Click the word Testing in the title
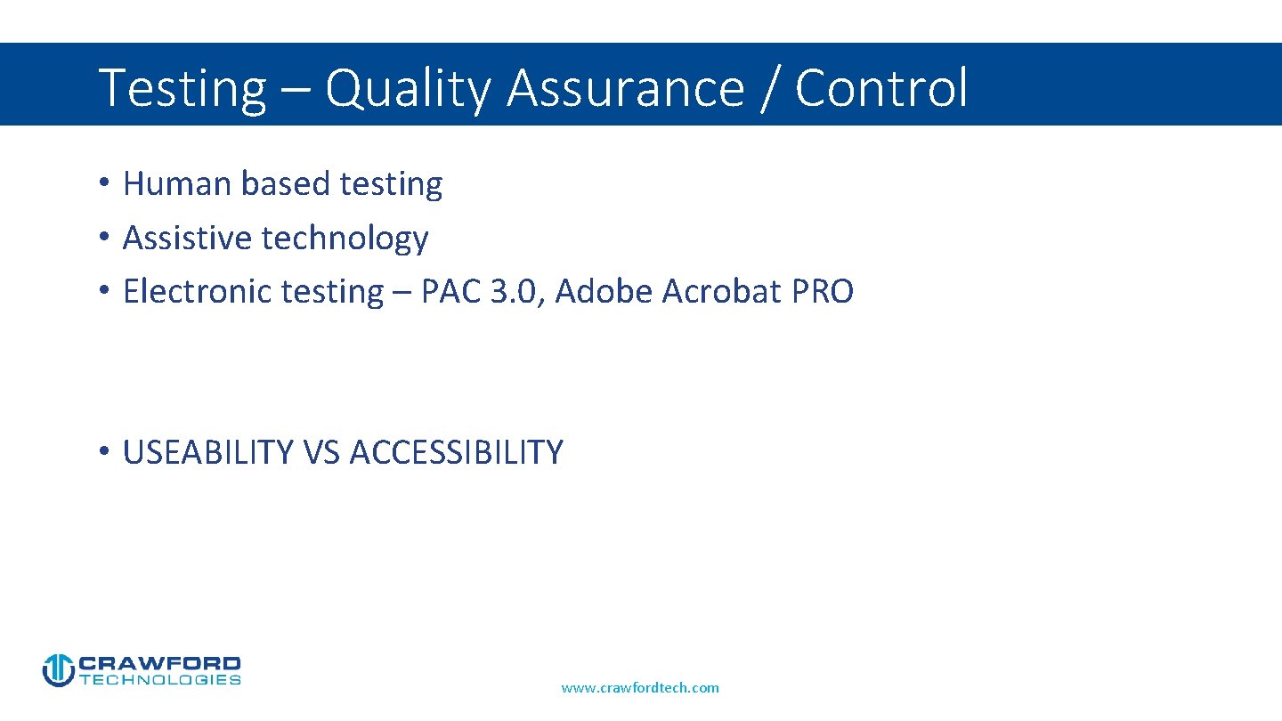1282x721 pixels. (x=182, y=89)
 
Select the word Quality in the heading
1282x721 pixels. (x=407, y=89)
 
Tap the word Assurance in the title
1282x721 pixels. (x=625, y=89)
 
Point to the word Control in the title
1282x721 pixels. (x=880, y=89)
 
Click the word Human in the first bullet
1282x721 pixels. (x=178, y=183)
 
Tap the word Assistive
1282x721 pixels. (x=188, y=238)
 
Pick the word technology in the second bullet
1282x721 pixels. (x=345, y=238)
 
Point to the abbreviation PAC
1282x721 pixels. (x=451, y=291)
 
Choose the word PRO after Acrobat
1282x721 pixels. (x=822, y=291)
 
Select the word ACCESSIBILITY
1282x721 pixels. (x=456, y=452)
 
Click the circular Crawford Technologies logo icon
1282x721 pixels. (x=58, y=670)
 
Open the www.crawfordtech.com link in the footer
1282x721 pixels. (x=640, y=687)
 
